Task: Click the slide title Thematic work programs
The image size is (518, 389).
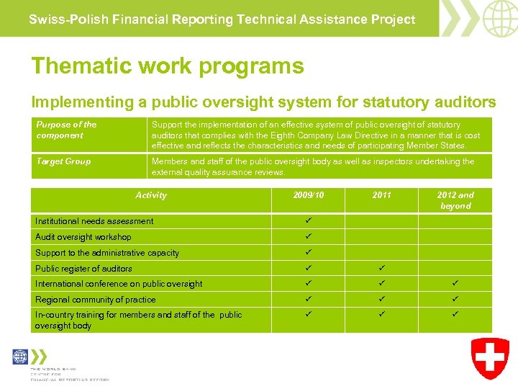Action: click(168, 66)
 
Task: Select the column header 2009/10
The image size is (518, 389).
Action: click(309, 195)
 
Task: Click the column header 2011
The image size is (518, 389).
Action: click(381, 195)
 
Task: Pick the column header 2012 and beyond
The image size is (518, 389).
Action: click(455, 200)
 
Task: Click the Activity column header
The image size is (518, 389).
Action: click(151, 195)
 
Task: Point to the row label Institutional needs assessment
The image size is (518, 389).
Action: click(94, 221)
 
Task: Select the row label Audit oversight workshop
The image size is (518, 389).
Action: click(83, 237)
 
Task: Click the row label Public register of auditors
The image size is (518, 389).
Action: click(83, 269)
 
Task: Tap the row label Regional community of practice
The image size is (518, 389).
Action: click(95, 300)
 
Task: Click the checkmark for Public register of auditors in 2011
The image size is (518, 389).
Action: click(381, 269)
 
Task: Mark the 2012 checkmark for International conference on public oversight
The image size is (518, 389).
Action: click(455, 284)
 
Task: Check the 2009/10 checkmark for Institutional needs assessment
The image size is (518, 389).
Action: click(308, 220)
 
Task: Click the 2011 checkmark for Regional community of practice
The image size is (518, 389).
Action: click(381, 299)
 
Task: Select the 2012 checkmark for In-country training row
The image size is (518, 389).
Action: click(455, 315)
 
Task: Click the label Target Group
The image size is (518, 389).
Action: click(63, 161)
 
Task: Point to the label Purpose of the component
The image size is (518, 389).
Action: click(66, 130)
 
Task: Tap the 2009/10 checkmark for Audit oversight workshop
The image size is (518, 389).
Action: click(308, 236)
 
